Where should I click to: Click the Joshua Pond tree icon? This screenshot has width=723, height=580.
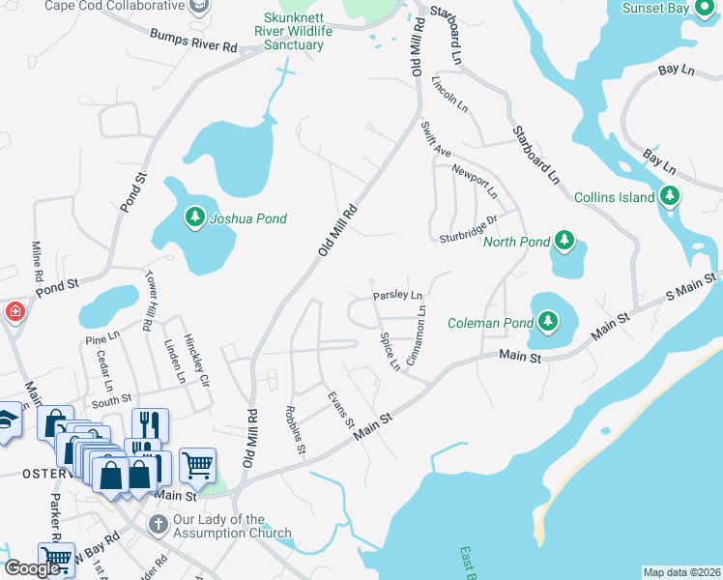196,218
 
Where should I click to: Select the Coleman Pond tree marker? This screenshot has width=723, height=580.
548,320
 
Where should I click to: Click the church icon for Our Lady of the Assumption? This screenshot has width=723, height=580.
158,524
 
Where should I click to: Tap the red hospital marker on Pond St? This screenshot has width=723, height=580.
14,311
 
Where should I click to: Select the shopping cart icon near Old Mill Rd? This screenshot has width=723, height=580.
197,464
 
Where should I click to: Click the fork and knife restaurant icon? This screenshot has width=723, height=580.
150,424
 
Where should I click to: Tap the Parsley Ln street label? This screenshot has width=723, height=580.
398,296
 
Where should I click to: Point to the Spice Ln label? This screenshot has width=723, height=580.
390,352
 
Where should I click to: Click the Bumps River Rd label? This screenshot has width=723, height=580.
193,39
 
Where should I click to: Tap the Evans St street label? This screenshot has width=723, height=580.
340,411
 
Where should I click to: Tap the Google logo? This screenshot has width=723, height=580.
33,567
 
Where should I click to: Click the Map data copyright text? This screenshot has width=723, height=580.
681,572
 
